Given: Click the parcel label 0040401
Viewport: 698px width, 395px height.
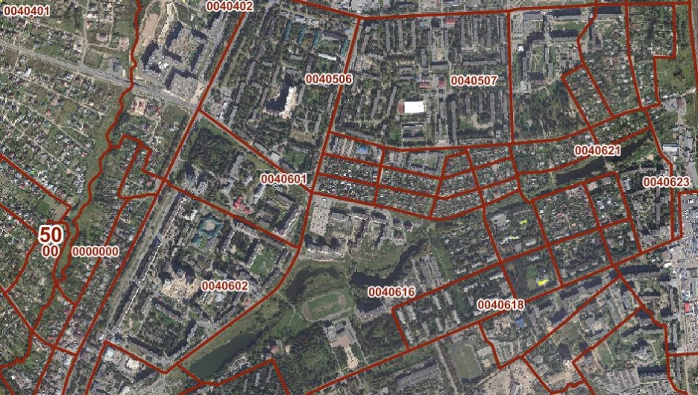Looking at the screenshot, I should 27,11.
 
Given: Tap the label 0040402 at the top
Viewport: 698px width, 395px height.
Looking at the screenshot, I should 229,6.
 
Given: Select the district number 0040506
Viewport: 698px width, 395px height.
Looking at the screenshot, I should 328,79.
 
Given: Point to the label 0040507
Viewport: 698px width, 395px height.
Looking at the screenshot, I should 474,80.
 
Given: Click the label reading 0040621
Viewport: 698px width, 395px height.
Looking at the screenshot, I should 597,151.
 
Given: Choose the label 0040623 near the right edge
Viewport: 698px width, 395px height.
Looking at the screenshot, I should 667,182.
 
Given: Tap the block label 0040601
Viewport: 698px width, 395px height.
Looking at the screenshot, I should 283,179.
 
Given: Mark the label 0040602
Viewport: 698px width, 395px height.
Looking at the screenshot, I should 224,285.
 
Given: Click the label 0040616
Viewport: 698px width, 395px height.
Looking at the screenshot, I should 391,291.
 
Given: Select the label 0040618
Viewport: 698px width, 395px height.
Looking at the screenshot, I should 500,305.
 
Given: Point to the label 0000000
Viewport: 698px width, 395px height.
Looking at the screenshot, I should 95,251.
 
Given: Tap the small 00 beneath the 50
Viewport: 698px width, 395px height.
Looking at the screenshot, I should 51,251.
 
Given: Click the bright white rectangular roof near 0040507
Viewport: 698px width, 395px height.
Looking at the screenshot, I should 414,107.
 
